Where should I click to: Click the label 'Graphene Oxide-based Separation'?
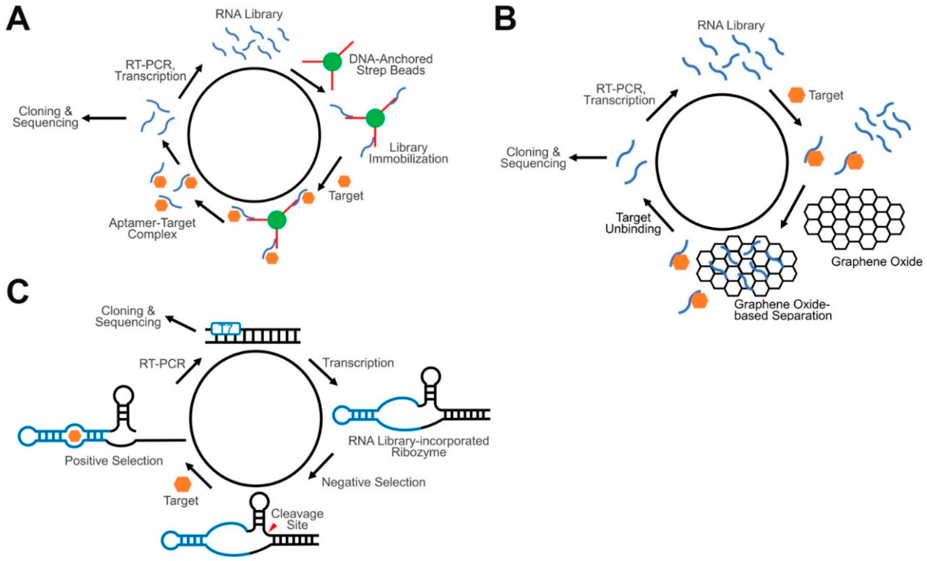click(x=783, y=310)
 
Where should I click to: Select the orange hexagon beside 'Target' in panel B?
click(x=797, y=95)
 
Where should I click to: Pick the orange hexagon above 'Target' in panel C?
click(x=183, y=483)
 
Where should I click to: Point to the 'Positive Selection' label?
click(x=114, y=461)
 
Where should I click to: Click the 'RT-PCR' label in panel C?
click(x=162, y=364)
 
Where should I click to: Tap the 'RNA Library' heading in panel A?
click(x=249, y=14)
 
